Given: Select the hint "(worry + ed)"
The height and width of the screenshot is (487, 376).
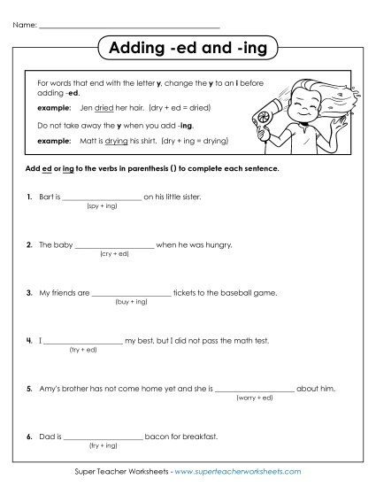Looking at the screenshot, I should [254, 398].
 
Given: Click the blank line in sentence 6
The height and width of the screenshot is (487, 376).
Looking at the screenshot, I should [104, 437].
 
